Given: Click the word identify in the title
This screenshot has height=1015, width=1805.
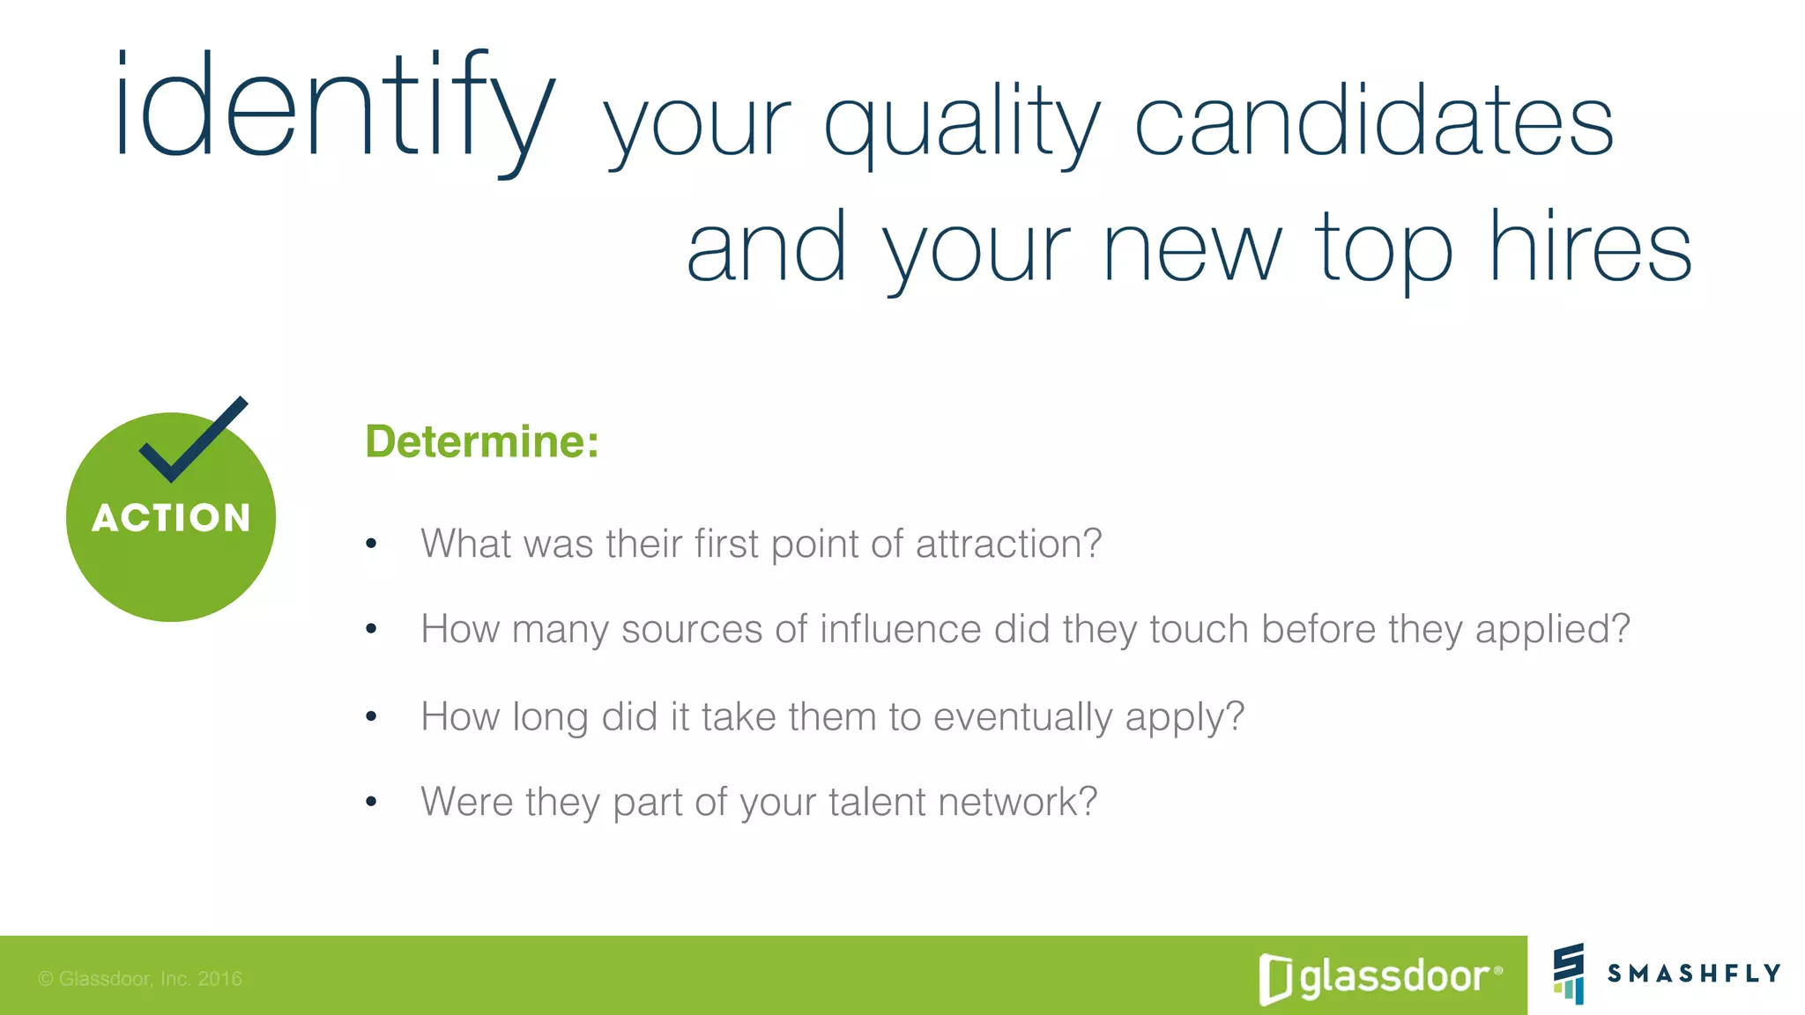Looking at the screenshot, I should pyautogui.click(x=335, y=110).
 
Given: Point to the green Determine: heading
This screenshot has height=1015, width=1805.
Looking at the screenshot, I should pyautogui.click(x=482, y=441).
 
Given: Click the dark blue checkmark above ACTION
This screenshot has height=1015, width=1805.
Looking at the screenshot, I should pyautogui.click(x=193, y=441).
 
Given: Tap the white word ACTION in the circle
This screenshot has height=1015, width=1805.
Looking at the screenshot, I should pyautogui.click(x=171, y=518).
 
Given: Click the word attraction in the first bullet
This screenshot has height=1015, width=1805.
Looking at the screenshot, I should pyautogui.click(x=1007, y=544).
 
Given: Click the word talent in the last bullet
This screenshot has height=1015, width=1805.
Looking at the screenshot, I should pyautogui.click(x=877, y=803).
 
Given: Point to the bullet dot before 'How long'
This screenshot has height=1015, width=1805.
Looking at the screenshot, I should pyautogui.click(x=371, y=716).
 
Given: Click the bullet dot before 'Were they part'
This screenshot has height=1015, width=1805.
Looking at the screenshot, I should pyautogui.click(x=371, y=802).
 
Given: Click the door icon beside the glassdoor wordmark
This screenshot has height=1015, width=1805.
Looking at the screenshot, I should pyautogui.click(x=1275, y=978).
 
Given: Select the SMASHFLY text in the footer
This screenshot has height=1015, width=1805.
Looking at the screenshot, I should pyautogui.click(x=1693, y=974).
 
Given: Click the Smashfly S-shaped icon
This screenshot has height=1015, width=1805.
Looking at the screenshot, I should pyautogui.click(x=1569, y=973).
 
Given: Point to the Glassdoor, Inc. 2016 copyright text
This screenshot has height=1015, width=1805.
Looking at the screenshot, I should pyautogui.click(x=140, y=979).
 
